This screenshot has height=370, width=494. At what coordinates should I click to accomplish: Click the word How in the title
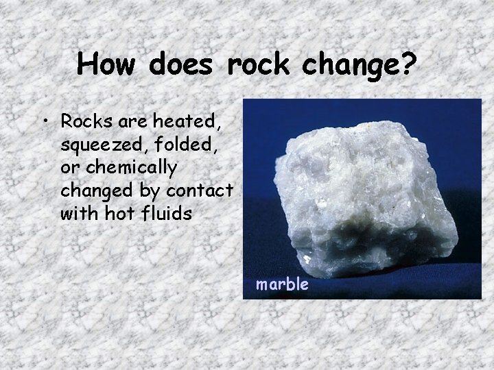[105, 64]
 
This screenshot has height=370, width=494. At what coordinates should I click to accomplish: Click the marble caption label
[282, 284]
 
